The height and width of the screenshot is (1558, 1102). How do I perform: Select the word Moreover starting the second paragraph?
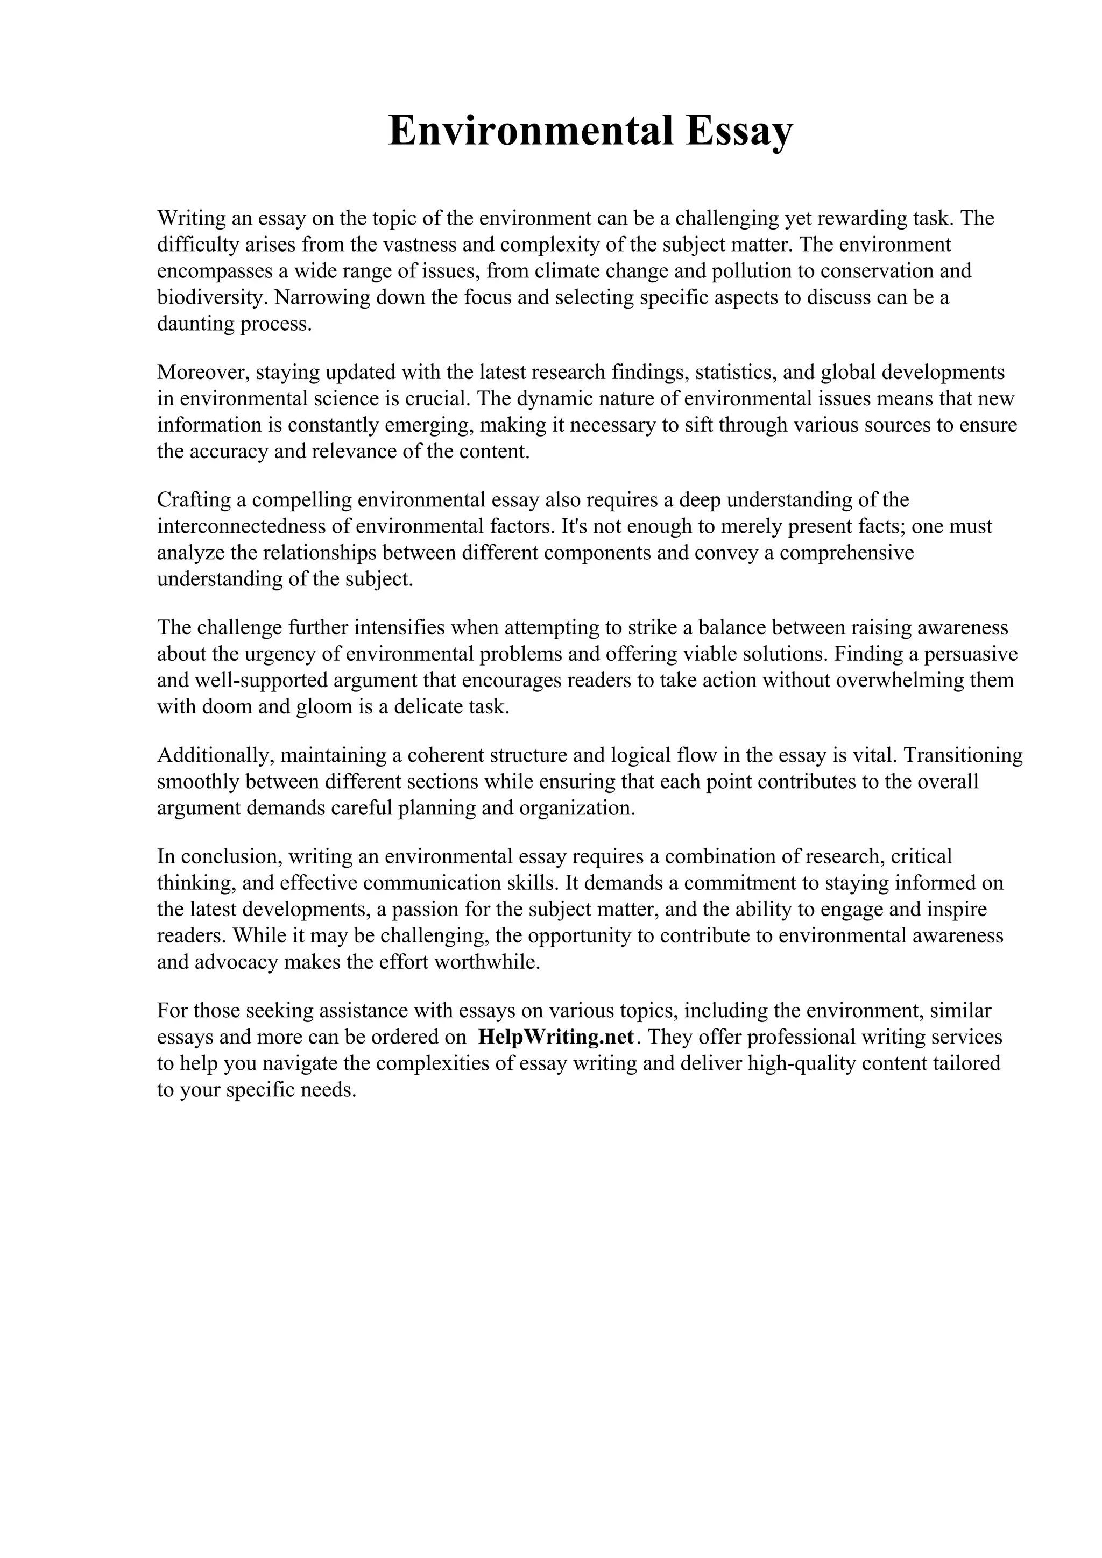pyautogui.click(x=202, y=373)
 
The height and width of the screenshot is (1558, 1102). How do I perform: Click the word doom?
pyautogui.click(x=227, y=707)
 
